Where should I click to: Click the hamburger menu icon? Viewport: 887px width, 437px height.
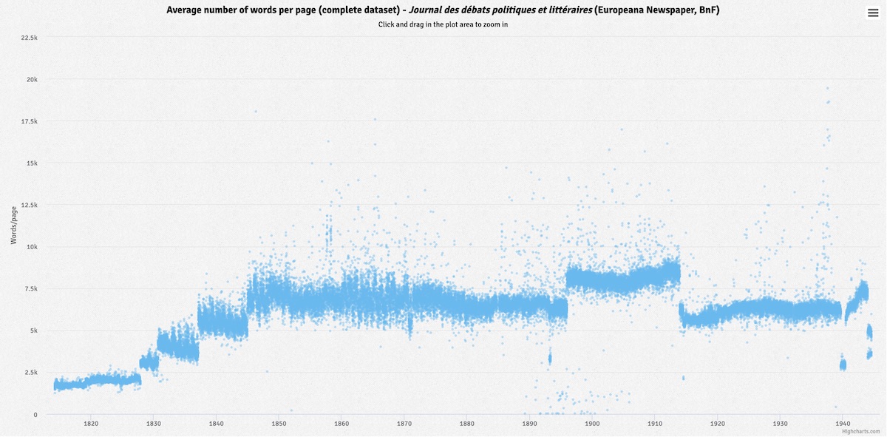click(x=873, y=13)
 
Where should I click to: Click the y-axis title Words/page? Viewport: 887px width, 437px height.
click(x=13, y=226)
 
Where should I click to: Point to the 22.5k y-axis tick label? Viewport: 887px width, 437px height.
click(x=29, y=37)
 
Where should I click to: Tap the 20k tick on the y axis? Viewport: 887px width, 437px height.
click(x=32, y=79)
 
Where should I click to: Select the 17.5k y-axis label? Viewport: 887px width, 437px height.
click(x=29, y=121)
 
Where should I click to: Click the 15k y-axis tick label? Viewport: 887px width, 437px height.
click(x=32, y=163)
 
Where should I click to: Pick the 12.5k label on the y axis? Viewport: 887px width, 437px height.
click(x=29, y=205)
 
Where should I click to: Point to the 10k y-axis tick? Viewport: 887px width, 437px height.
click(x=32, y=247)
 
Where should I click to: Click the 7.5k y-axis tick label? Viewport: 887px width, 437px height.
click(x=30, y=288)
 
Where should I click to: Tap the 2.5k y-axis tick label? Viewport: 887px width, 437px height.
click(x=30, y=373)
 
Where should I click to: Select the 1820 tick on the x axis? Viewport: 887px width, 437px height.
click(x=91, y=424)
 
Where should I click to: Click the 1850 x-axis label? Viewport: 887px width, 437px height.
click(x=279, y=424)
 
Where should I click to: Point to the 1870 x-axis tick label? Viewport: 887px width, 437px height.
click(x=404, y=424)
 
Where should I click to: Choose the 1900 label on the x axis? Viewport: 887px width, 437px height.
click(x=592, y=424)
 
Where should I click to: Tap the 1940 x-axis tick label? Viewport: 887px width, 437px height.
click(x=843, y=424)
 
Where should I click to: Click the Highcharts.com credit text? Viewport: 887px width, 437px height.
click(x=860, y=431)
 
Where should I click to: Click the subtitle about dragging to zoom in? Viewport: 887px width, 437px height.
click(x=443, y=24)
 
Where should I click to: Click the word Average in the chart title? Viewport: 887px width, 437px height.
click(x=186, y=10)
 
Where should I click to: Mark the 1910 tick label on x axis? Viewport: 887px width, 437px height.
click(x=655, y=424)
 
